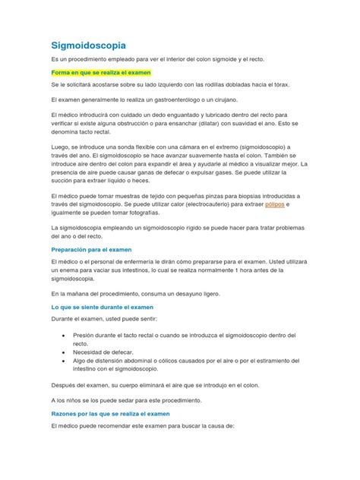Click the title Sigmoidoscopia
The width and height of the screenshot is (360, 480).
click(88, 46)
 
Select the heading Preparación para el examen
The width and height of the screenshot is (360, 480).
click(91, 248)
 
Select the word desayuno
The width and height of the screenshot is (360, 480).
click(197, 292)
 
